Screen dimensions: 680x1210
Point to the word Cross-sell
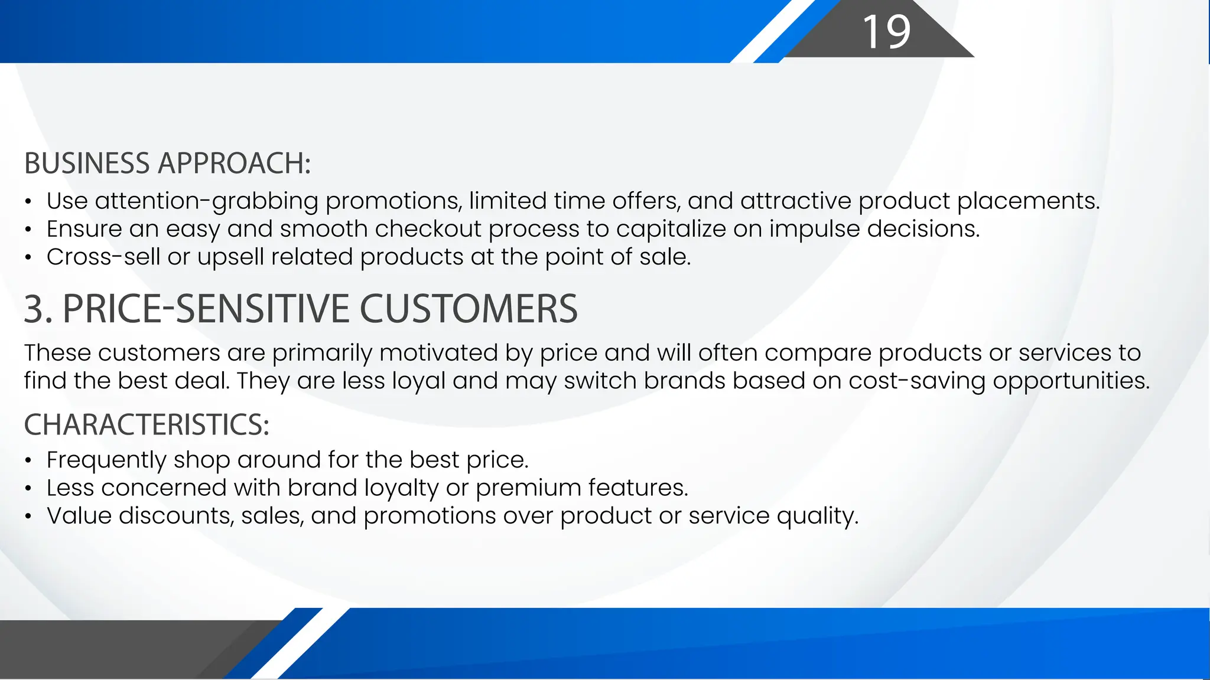pyautogui.click(x=103, y=257)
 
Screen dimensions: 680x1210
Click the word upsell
pyautogui.click(x=230, y=257)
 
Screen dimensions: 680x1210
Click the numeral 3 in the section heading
pyautogui.click(x=34, y=309)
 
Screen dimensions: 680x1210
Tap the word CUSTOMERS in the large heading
pyautogui.click(x=468, y=309)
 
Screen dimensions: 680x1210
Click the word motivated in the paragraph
pyautogui.click(x=438, y=353)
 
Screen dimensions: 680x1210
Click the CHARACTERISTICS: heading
pyautogui.click(x=147, y=424)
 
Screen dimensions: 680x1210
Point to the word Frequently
pyautogui.click(x=106, y=460)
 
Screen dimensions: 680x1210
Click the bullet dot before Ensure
pyautogui.click(x=28, y=230)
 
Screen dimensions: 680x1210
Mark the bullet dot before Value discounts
pyautogui.click(x=28, y=516)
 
